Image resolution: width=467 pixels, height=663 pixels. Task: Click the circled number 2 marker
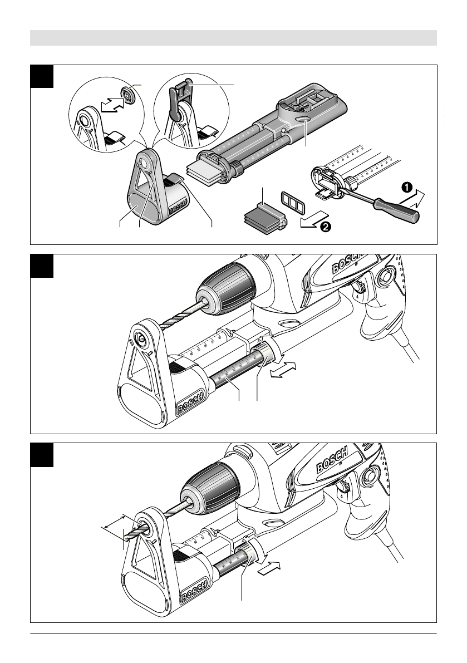[326, 227]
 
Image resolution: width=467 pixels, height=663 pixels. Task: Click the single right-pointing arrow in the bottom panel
[269, 568]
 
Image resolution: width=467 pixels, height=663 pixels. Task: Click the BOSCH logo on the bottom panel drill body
[333, 459]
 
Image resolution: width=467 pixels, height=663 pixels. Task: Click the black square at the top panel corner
[42, 76]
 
